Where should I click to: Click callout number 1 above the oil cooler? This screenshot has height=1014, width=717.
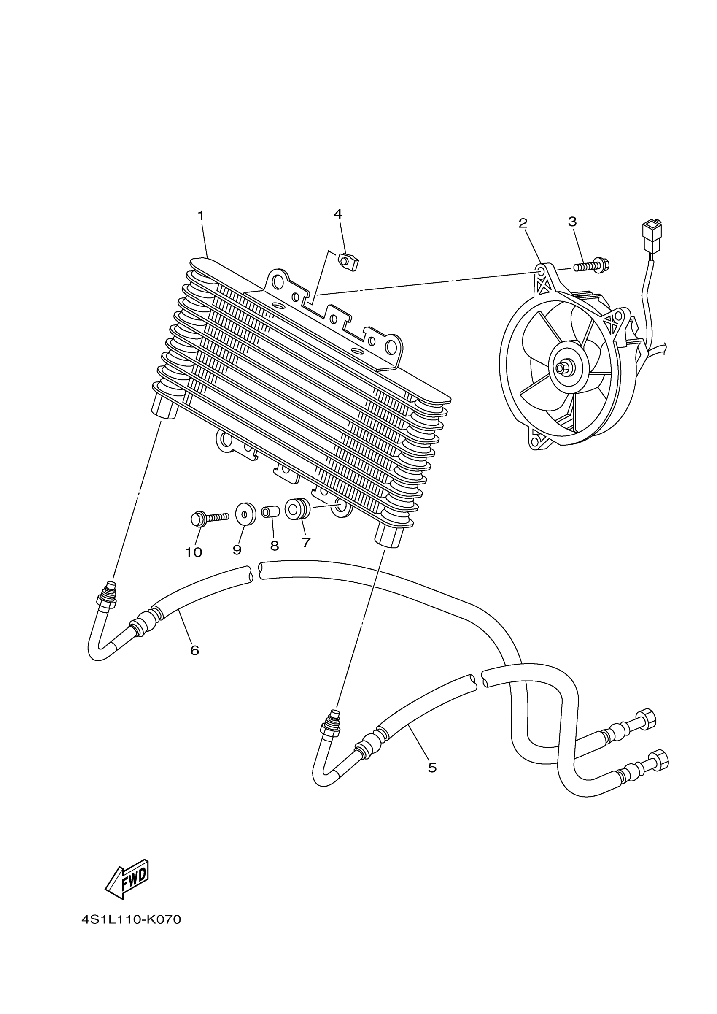point(201,216)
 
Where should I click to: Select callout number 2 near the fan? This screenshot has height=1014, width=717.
point(523,223)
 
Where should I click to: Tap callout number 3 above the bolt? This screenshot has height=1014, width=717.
point(572,222)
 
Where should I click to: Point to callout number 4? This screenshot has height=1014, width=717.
point(338,214)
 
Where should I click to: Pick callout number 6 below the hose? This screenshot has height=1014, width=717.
point(195,650)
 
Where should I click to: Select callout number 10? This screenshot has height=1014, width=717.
point(193,552)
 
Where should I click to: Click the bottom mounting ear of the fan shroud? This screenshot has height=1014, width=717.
point(538,440)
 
